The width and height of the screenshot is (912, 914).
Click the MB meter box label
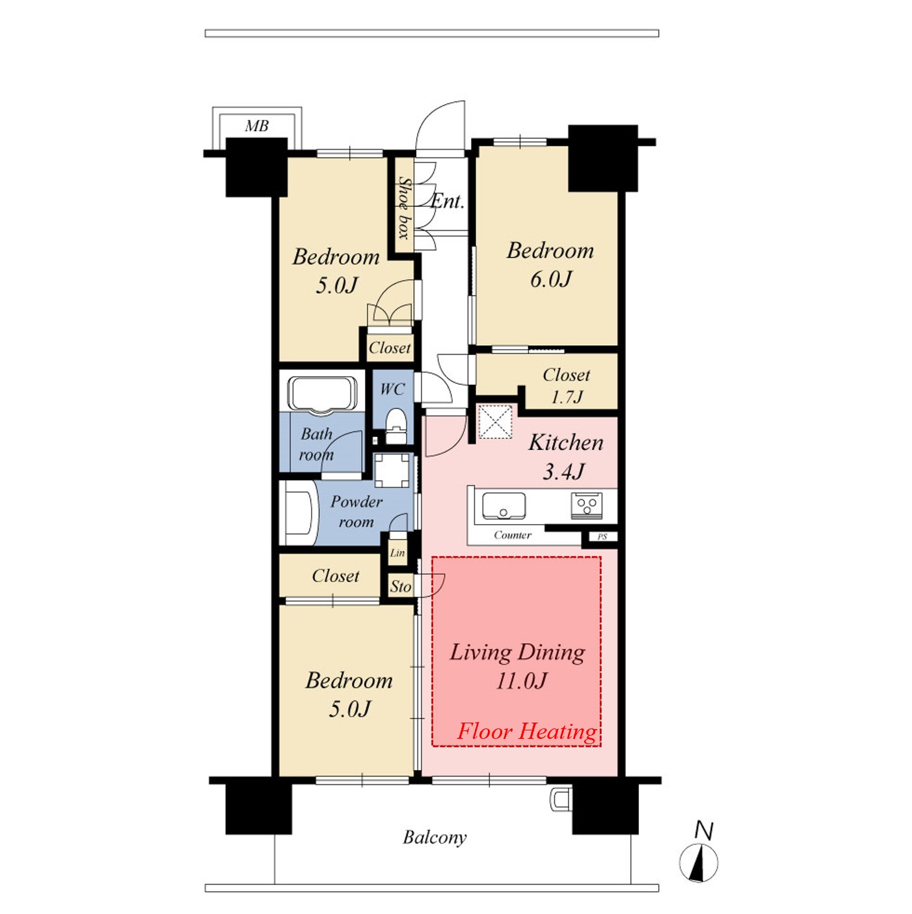coord(256,126)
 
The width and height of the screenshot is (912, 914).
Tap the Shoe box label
coord(404,208)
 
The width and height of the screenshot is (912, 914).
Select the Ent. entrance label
coord(447,201)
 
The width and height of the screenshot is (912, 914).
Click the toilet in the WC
coord(396,426)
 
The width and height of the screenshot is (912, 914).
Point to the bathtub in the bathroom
coord(323,395)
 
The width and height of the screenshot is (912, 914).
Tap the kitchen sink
coord(504,506)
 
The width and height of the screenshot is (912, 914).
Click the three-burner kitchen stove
coord(587,506)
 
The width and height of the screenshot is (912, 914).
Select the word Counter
coord(513,535)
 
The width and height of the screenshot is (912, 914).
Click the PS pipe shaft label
coord(602,537)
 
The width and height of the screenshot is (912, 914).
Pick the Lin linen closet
coord(397,553)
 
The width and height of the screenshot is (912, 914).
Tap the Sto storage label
coord(401,587)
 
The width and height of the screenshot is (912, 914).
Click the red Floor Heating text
coord(527,731)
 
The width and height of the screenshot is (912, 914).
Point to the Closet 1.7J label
coord(567,386)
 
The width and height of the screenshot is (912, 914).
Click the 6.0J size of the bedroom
coord(551,279)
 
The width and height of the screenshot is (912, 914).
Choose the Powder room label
coord(356,511)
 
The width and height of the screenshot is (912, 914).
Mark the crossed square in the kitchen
coord(495,421)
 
